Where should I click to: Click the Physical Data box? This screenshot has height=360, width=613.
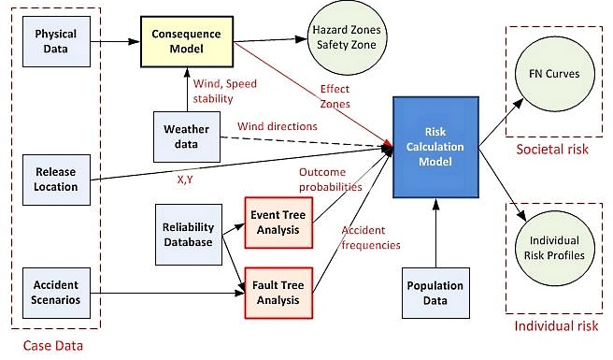(56, 41)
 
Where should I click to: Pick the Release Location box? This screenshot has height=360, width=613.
(56, 178)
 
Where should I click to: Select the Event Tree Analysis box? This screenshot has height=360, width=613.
(278, 217)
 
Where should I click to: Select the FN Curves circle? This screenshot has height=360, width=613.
(553, 73)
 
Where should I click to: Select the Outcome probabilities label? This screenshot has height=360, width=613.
(330, 180)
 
